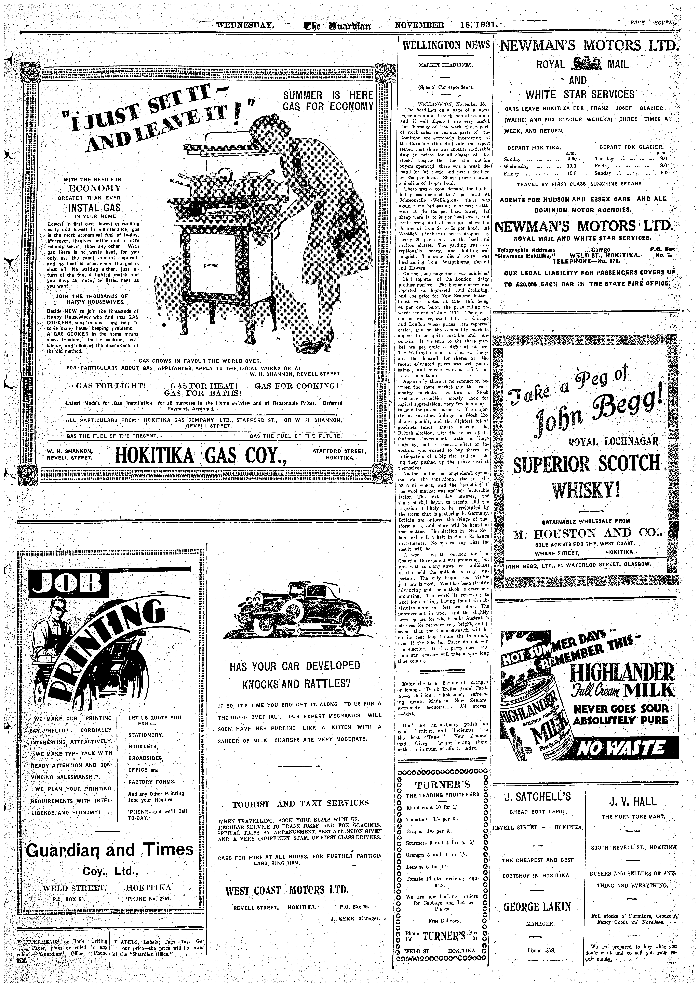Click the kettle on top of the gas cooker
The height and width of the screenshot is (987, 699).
pyautogui.click(x=225, y=174)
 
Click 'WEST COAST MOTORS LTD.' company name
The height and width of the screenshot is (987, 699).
pyautogui.click(x=287, y=890)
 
